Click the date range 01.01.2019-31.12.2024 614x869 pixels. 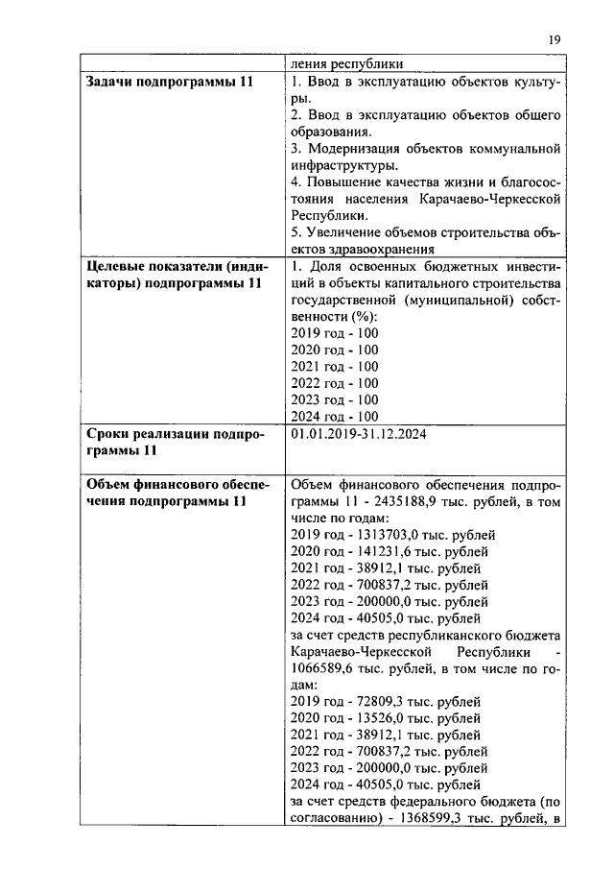pyautogui.click(x=358, y=434)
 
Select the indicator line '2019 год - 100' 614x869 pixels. pyautogui.click(x=333, y=333)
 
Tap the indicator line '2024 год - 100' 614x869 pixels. pyautogui.click(x=333, y=416)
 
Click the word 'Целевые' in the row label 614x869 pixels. pyautogui.click(x=114, y=266)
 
